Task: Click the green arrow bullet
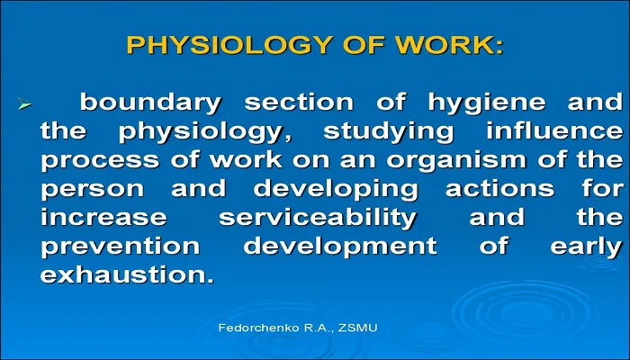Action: point(24,105)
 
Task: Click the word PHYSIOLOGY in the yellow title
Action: point(230,45)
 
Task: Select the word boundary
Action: point(150,102)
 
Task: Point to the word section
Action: point(299,102)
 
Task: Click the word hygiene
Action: point(486,103)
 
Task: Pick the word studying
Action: point(388,131)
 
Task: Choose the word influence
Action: point(554,131)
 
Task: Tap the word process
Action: point(100,161)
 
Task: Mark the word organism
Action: point(457,161)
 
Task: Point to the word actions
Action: point(499,188)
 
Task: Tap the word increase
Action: point(103,218)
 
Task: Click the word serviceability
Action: point(318,218)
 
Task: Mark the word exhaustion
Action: point(128,275)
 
